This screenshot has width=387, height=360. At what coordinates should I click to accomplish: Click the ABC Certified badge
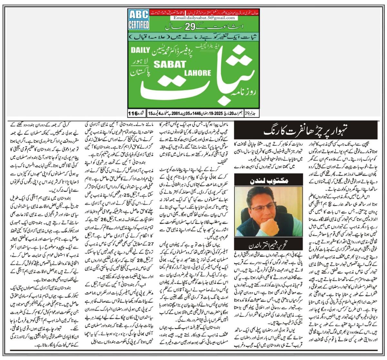coord(138,20)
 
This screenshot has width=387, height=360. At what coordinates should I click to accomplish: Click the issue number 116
coord(133,114)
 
